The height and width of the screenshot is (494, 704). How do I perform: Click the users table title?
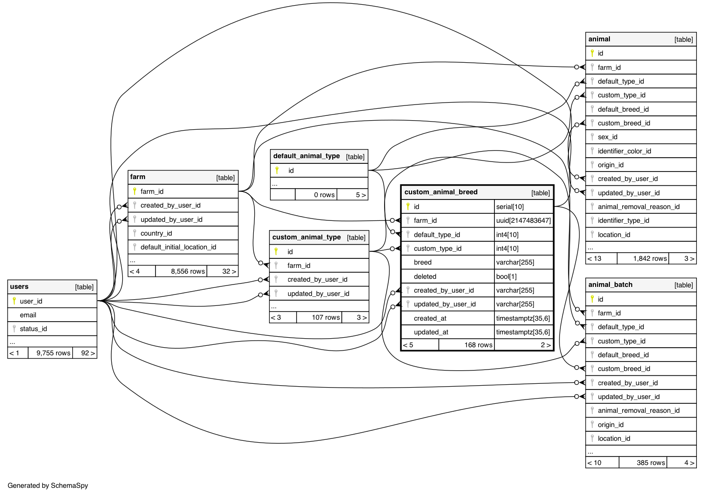tap(19, 286)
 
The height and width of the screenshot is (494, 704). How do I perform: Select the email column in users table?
tap(28, 315)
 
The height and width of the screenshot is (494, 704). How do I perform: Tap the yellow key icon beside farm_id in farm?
tap(135, 191)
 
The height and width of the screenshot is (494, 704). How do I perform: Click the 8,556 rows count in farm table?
tap(188, 271)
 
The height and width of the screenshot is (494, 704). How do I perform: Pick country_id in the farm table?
tap(156, 233)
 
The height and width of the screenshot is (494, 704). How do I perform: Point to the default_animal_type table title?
tap(306, 156)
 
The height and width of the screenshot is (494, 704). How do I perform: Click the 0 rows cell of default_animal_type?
tap(324, 195)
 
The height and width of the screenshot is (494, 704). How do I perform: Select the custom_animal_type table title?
tap(306, 237)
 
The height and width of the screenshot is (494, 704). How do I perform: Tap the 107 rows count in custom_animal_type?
tap(326, 317)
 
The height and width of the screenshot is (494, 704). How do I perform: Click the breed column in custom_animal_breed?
tap(423, 262)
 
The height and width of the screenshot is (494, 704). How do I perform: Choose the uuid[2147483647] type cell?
tap(523, 220)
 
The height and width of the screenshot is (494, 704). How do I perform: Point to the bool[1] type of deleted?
tap(506, 276)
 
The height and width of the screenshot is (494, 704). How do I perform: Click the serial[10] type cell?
tap(510, 207)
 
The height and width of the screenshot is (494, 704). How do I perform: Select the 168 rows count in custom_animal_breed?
tap(478, 345)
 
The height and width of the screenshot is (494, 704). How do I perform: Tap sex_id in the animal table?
tap(608, 137)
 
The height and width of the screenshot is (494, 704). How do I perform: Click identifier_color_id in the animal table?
tap(624, 151)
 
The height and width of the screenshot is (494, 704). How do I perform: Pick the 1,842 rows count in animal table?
tap(650, 258)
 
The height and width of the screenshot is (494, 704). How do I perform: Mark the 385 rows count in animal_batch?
tap(651, 463)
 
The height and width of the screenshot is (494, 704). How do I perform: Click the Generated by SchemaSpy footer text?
tap(48, 485)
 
